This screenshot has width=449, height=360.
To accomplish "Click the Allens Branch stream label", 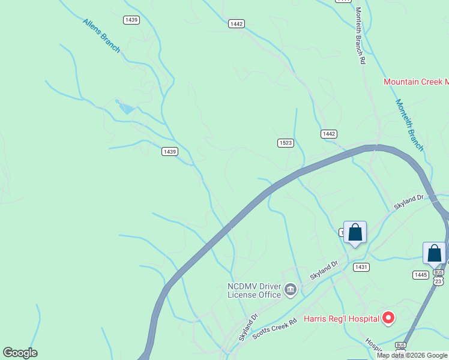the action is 101,35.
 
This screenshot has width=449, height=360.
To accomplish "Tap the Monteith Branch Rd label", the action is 360,35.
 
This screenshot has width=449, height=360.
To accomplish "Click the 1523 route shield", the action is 285,142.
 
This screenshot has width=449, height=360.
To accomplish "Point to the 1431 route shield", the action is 361,267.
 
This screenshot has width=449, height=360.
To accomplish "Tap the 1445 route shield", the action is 420,274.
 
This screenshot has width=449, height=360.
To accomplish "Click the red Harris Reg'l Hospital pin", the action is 388,318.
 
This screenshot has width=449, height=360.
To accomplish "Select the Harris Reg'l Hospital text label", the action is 341,319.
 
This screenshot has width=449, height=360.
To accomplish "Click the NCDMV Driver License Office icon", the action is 291,290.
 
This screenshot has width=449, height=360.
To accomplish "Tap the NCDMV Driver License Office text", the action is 254,290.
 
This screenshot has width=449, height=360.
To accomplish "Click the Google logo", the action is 20,353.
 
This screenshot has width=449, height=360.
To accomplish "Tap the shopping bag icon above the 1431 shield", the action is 355,232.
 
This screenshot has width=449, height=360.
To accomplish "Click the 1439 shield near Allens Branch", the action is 131,20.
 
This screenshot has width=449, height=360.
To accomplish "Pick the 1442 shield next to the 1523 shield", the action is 328,134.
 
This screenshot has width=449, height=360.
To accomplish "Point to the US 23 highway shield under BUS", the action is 439,281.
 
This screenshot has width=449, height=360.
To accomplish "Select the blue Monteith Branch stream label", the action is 409,125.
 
